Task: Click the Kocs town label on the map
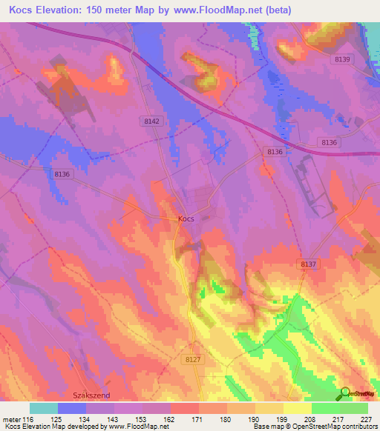coord(186,218)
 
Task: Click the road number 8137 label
coord(309,264)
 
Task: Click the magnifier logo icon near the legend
coord(345,393)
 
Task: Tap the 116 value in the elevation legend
coord(28,419)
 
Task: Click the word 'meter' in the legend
coord(11,419)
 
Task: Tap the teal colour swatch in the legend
coord(44,408)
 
